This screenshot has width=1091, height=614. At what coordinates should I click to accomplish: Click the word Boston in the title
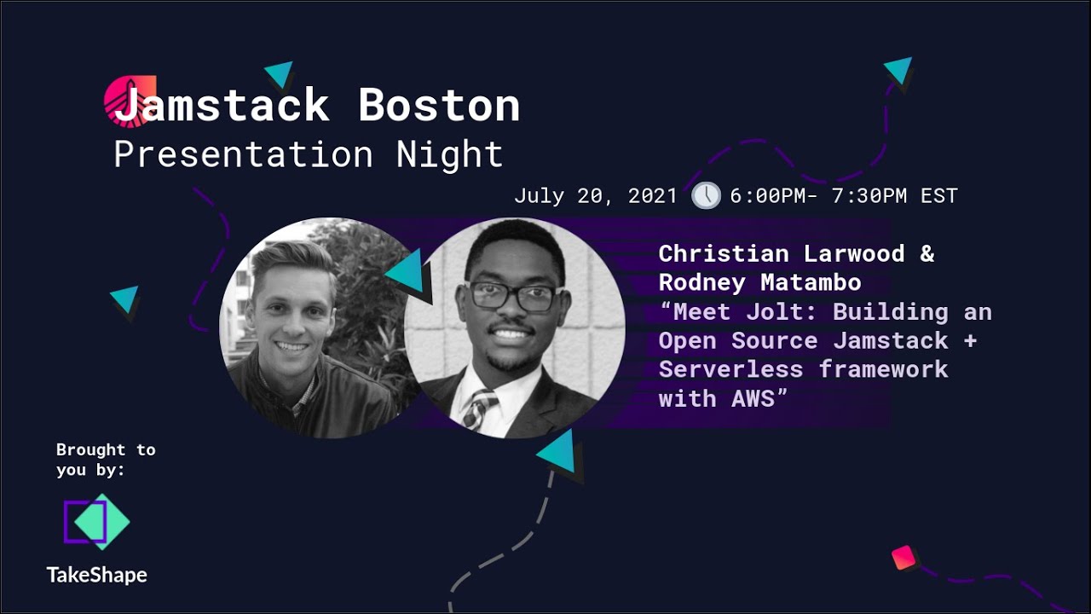click(439, 106)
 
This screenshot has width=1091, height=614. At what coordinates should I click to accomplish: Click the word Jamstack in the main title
click(222, 106)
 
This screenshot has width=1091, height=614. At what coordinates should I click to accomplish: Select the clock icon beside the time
click(706, 195)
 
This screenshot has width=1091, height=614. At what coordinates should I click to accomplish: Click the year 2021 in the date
click(652, 196)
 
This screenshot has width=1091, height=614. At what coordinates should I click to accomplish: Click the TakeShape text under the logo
click(96, 575)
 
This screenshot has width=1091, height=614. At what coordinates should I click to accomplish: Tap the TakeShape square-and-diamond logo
click(96, 521)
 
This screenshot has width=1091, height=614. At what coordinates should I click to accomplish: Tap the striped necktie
click(477, 408)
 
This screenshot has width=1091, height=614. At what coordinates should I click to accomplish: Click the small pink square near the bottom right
click(903, 558)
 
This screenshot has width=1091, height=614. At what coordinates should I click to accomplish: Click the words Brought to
click(106, 449)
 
